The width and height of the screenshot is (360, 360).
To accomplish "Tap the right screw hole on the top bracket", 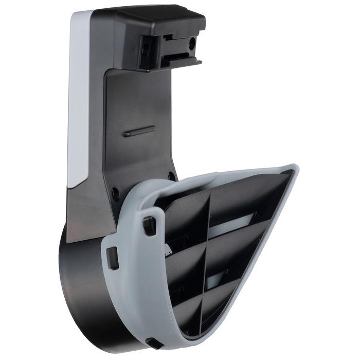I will (x=192, y=44).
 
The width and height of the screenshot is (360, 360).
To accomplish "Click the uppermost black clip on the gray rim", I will (x=149, y=225).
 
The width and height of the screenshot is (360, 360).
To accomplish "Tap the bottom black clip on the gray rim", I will (x=152, y=343).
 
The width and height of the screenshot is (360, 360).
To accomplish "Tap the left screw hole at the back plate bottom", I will (x=116, y=195).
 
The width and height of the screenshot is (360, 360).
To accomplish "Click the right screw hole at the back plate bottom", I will (x=171, y=176).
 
